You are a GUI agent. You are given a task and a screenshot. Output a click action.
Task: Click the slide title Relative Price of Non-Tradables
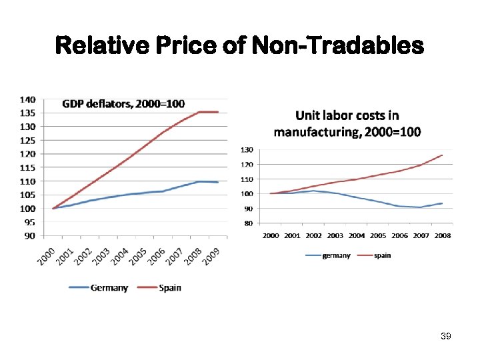[240, 45]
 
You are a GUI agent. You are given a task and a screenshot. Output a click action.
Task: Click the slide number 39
[446, 337]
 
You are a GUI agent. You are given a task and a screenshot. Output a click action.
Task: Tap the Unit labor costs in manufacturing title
[347, 123]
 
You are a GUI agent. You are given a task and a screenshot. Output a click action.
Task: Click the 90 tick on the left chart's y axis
[30, 235]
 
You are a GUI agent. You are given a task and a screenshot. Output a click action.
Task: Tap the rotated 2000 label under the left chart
[46, 254]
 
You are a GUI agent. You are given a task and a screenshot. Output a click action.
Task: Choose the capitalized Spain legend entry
[169, 288]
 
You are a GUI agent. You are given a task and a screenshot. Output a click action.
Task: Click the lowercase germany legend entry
[336, 255]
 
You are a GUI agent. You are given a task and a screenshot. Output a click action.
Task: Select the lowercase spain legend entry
[383, 255]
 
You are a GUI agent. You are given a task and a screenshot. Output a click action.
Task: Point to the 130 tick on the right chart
[247, 149]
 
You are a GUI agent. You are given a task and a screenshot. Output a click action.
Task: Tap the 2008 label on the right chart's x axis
[442, 235]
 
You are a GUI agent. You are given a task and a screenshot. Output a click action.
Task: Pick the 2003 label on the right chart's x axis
[335, 235]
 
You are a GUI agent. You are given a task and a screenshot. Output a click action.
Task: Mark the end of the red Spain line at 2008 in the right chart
[442, 155]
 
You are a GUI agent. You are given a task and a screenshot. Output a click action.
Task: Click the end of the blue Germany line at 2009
[218, 182]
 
